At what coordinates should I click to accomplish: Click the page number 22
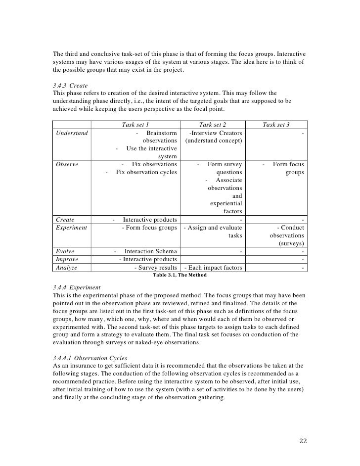click(303, 441)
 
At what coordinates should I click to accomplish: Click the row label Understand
click(72, 134)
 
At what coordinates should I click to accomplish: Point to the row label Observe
click(67, 164)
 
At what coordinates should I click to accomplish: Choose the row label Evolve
click(65, 251)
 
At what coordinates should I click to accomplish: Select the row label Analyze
click(67, 268)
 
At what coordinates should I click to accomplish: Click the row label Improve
click(67, 259)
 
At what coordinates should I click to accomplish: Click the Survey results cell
click(155, 268)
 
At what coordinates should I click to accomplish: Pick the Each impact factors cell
click(213, 268)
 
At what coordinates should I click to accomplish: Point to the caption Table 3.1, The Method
click(180, 275)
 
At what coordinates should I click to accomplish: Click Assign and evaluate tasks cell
click(213, 232)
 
